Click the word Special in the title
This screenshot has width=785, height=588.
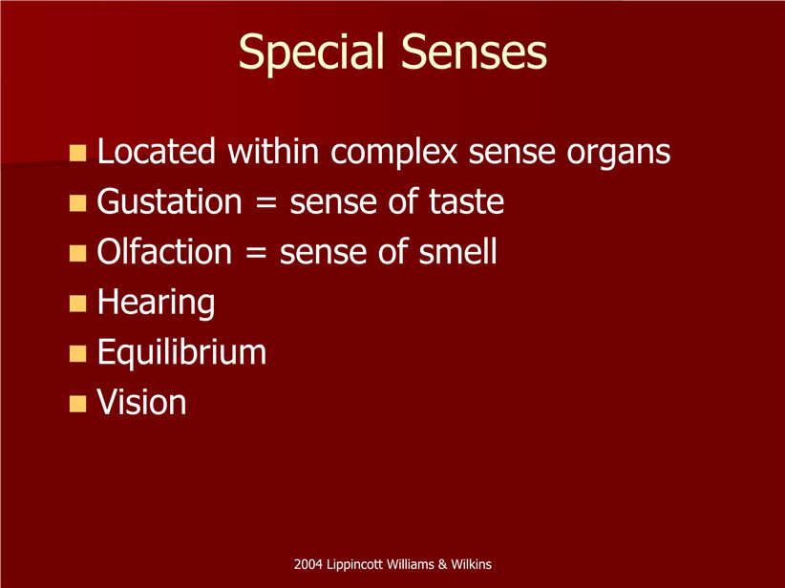click(311, 53)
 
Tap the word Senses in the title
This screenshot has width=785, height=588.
click(474, 52)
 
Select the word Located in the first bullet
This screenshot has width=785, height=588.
click(157, 151)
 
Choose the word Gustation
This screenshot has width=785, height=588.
click(169, 201)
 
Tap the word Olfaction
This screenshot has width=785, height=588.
click(164, 251)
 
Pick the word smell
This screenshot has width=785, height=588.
click(457, 251)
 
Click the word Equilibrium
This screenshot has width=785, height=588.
click(181, 352)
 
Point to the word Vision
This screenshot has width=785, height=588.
click(141, 402)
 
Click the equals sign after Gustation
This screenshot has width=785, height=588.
click(265, 203)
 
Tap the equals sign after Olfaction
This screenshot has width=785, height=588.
click(256, 253)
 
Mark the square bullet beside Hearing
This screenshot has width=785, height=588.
click(77, 304)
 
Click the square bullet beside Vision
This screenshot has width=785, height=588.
click(77, 404)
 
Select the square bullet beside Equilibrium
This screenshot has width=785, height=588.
click(77, 353)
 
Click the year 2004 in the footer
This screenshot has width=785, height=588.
click(308, 564)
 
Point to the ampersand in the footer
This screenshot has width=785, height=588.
click(442, 564)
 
